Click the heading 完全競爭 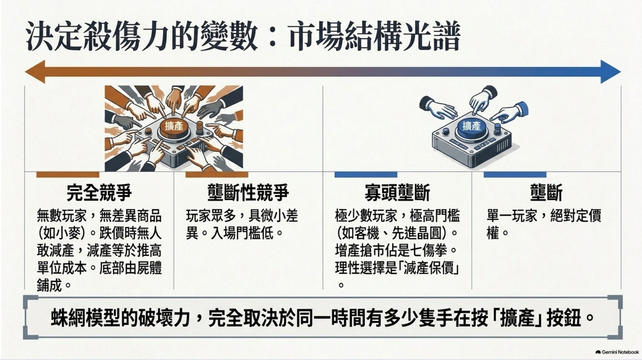tap(99, 193)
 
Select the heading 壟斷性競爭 tap(248, 193)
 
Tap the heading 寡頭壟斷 tap(397, 193)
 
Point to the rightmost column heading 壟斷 tap(546, 193)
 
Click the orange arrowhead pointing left tap(35, 71)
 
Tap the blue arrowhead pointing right tap(611, 71)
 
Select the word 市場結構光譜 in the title tap(374, 37)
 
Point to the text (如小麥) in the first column tap(62, 233)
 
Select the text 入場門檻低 tap(242, 233)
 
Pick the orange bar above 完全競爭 tap(68, 174)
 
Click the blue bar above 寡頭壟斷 tap(366, 174)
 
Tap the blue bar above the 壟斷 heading tap(515, 174)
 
